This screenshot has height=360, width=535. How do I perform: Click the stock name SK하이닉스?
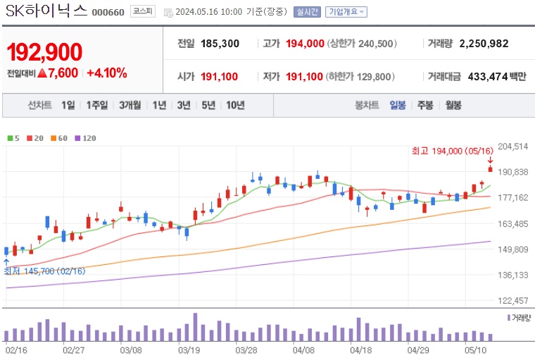pos(46,11)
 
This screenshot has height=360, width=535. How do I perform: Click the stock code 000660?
pos(108,12)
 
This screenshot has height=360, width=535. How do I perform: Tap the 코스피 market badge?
pos(143,12)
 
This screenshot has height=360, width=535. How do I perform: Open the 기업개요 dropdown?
pos(346,12)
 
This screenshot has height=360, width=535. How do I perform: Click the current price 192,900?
pos(44,51)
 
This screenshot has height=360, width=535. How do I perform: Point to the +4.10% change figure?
pos(106,73)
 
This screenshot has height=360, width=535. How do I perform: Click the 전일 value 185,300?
pos(220,44)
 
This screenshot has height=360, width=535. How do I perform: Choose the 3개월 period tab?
pos(130,106)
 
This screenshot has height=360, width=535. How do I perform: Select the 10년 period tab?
pos(235,106)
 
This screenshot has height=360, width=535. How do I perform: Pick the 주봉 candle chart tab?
pos(425,106)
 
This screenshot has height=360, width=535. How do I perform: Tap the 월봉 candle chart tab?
pos(453,106)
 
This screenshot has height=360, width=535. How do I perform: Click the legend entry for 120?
pos(85,138)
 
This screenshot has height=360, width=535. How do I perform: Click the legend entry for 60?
pos(59,138)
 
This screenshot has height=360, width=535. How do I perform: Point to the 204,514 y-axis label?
pos(513,147)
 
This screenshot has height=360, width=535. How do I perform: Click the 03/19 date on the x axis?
pos(189,349)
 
